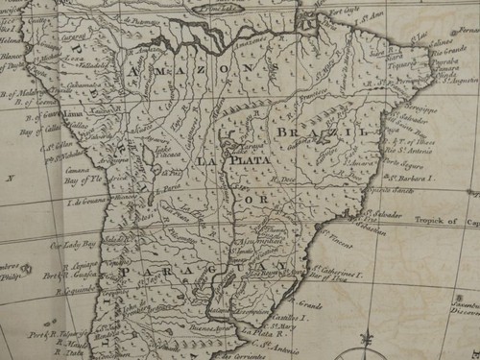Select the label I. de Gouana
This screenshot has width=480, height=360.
tap(81, 202)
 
